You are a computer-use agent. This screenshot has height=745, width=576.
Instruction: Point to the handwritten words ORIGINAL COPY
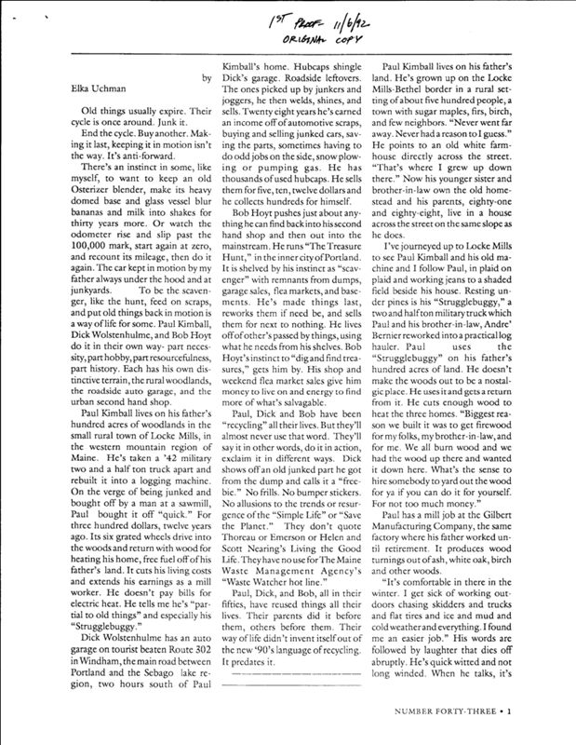[x=305, y=39]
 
